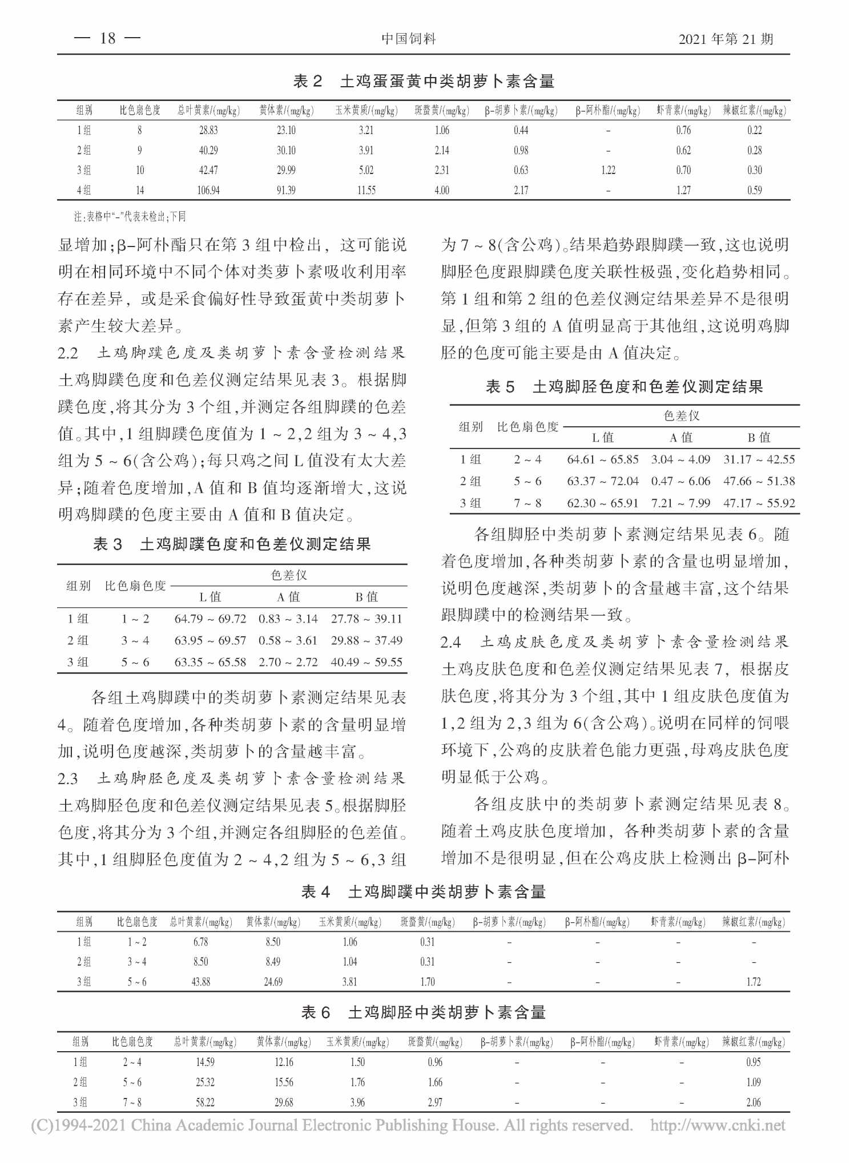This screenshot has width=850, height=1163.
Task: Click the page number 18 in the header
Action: [108, 38]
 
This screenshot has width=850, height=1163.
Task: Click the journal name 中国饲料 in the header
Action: [408, 39]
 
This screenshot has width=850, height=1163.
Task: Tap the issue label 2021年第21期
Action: [726, 39]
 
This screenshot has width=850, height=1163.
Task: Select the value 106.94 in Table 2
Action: [208, 190]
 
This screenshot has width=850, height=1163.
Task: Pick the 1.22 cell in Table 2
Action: [608, 170]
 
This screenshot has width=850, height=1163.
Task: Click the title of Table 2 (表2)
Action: [424, 82]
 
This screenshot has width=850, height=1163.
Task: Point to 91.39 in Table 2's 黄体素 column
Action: [286, 190]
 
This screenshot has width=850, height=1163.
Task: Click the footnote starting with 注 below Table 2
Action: [130, 217]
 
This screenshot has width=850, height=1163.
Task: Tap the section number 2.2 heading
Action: [68, 353]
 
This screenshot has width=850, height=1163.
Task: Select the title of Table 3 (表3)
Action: [232, 544]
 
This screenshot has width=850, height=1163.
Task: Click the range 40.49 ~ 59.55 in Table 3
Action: [366, 662]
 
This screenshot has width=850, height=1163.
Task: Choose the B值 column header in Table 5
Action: [759, 438]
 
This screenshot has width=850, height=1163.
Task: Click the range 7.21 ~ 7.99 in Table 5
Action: [680, 503]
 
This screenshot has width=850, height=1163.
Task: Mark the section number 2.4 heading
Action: [451, 642]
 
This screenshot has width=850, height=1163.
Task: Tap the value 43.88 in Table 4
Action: [201, 982]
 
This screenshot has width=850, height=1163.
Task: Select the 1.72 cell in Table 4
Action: [754, 982]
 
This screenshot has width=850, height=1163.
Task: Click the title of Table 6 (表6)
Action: [424, 1013]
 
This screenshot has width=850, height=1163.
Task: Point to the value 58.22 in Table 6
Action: [205, 1103]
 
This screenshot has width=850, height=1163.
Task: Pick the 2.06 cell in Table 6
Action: [754, 1103]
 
